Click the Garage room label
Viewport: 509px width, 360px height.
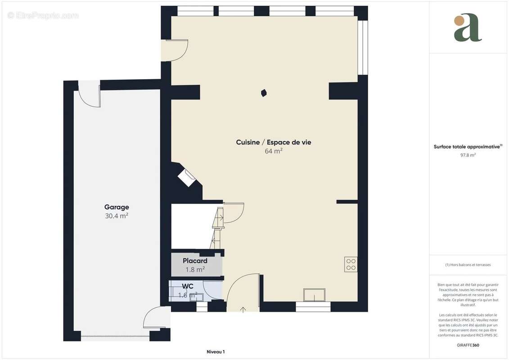(x=117, y=207)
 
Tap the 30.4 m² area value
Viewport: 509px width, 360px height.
(x=117, y=216)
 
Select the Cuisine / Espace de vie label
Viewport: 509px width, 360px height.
(x=273, y=142)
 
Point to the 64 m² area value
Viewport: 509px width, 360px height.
(x=273, y=151)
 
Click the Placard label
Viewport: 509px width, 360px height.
(x=195, y=261)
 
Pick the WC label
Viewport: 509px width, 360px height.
(x=188, y=286)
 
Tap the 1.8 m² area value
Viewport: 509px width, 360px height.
(x=195, y=270)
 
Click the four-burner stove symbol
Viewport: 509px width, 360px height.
(x=351, y=264)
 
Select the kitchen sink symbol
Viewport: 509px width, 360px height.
(x=314, y=295)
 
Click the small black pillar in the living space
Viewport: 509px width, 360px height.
(x=264, y=93)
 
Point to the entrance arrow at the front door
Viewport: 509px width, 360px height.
(x=243, y=309)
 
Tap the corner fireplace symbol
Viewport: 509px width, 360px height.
(x=187, y=177)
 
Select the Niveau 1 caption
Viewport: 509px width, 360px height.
(x=216, y=352)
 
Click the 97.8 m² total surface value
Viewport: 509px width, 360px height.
(x=468, y=155)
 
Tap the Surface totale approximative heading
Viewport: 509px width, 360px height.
(x=468, y=147)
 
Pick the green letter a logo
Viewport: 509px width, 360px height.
(x=467, y=28)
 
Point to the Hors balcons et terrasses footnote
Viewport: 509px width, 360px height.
(x=468, y=265)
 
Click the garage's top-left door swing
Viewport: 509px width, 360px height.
(x=90, y=95)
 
